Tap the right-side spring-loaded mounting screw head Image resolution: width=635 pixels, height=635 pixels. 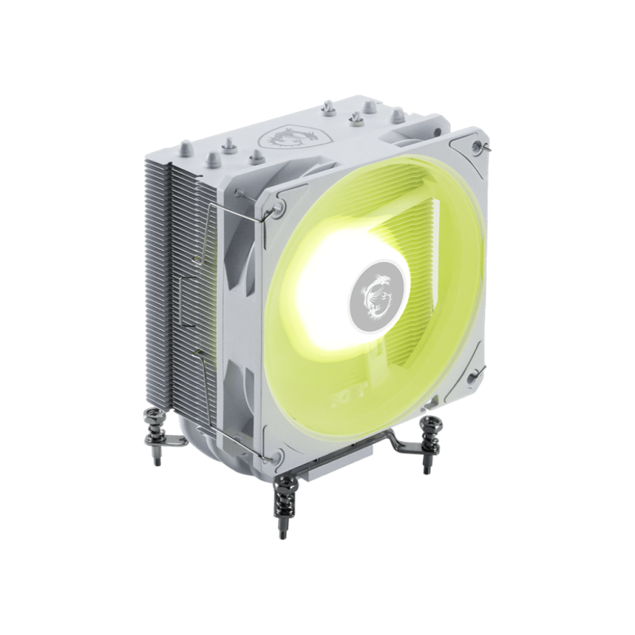pos(431,421)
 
